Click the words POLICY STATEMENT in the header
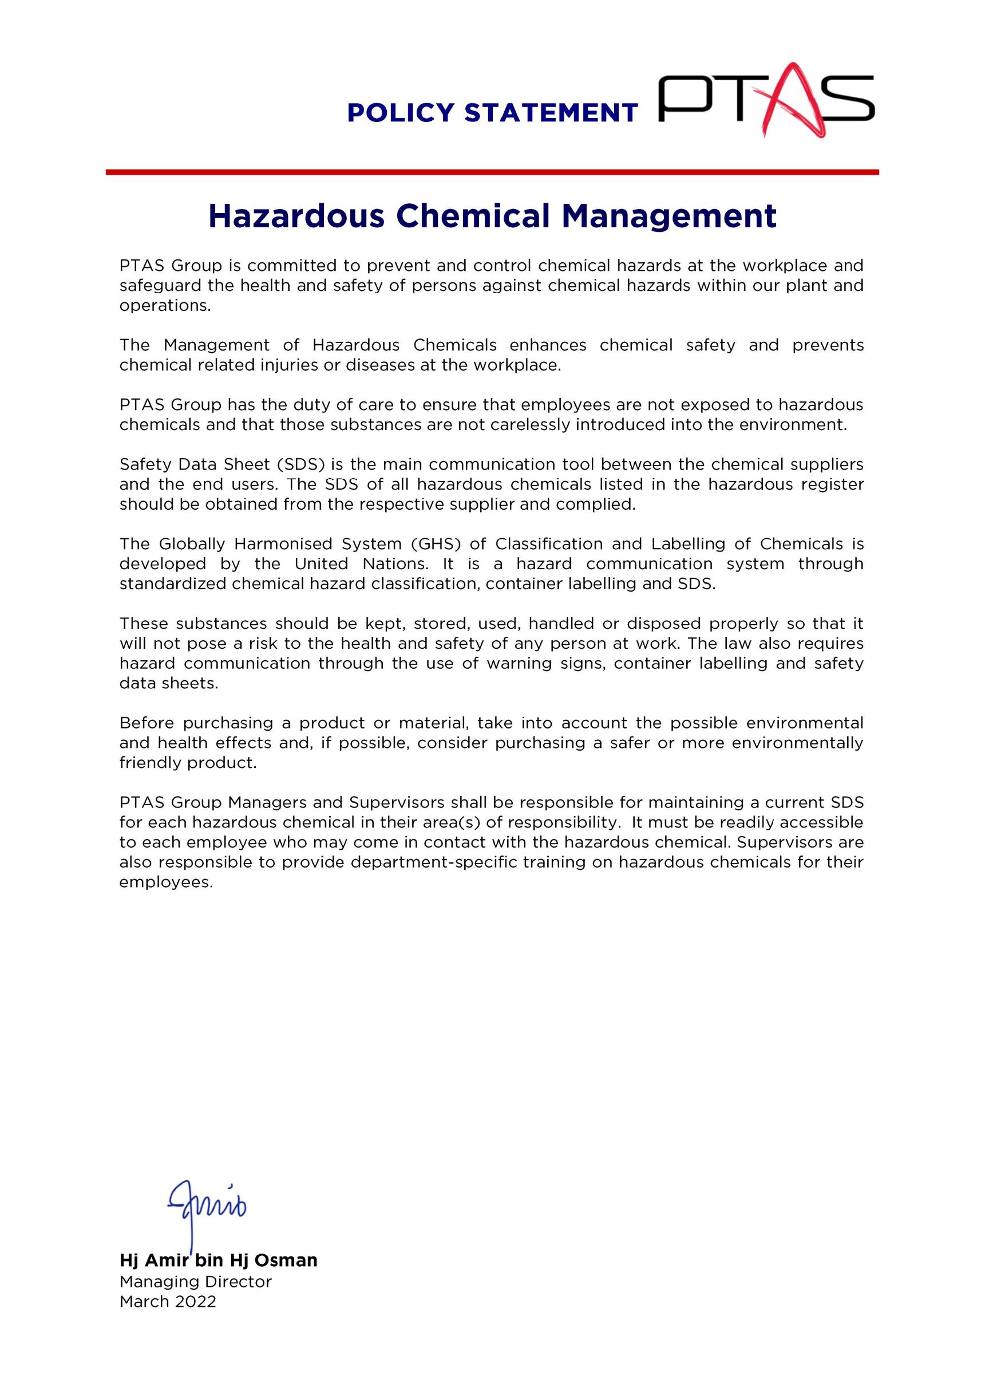click(492, 113)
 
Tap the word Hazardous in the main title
click(296, 216)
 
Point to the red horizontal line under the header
click(492, 172)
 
